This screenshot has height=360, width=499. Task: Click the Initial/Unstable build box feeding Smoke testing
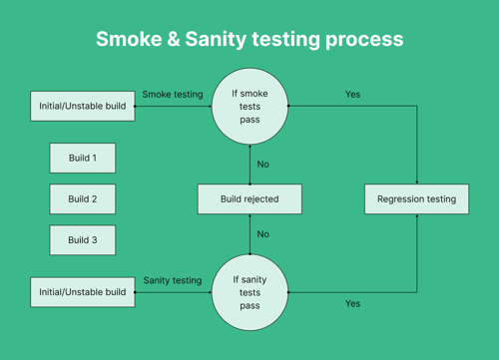(x=82, y=106)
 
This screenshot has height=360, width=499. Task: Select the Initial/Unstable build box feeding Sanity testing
(x=82, y=291)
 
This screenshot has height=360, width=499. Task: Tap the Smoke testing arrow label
(x=172, y=95)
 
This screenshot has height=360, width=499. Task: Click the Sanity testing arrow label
(x=172, y=280)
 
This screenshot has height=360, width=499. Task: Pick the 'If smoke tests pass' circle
(x=249, y=106)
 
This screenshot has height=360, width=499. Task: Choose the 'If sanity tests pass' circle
(x=249, y=292)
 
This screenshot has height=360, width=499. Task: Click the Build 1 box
(x=82, y=158)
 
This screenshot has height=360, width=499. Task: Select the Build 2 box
(x=82, y=198)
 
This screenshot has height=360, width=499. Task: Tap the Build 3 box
(x=82, y=239)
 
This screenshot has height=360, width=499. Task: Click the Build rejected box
(x=249, y=198)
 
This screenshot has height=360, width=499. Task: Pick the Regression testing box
(x=416, y=198)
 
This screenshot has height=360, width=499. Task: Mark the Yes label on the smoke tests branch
(x=352, y=95)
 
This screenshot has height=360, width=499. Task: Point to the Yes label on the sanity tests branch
(x=352, y=303)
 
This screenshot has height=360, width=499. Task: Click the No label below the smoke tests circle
(x=263, y=164)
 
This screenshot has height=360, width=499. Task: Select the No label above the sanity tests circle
(x=263, y=234)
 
